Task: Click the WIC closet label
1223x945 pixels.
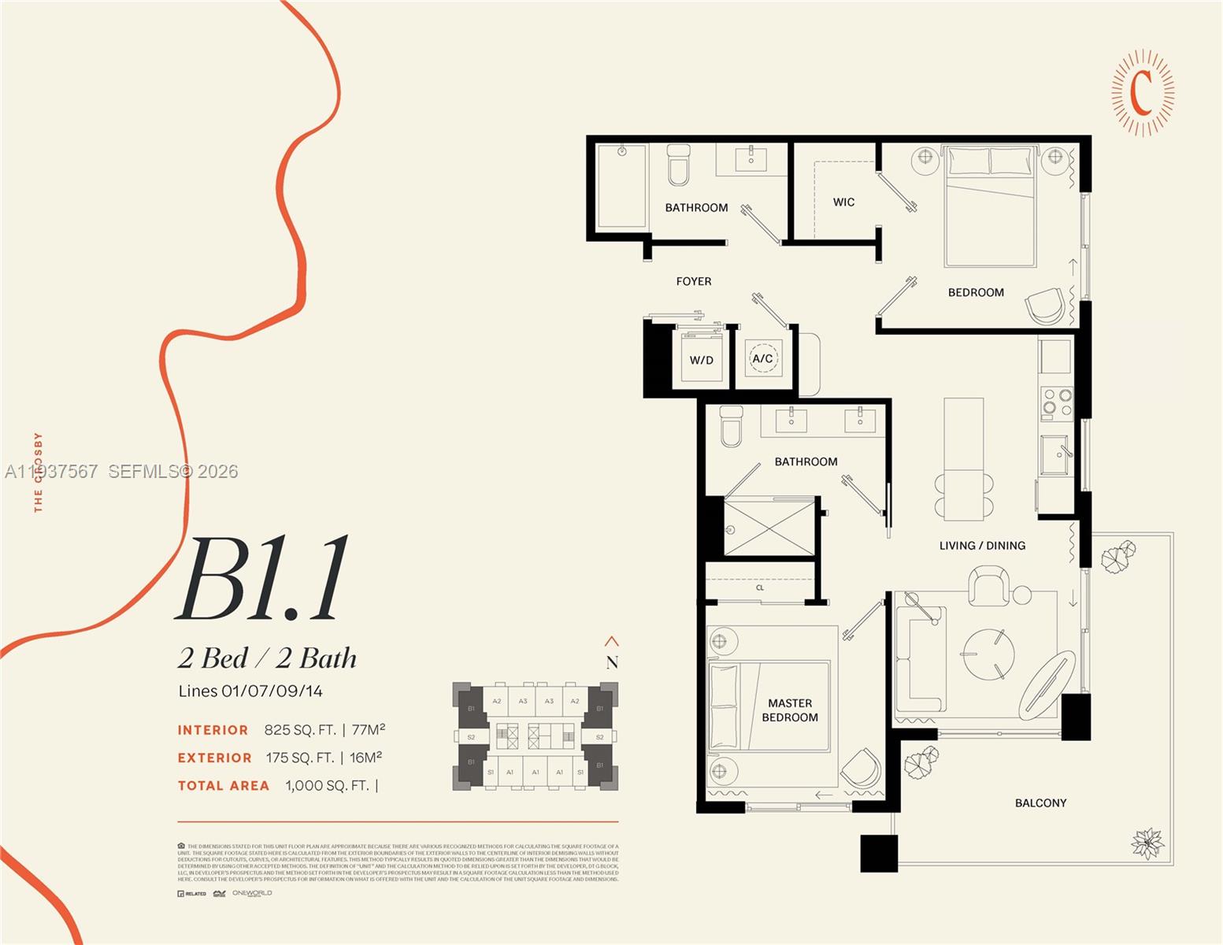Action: pyautogui.click(x=843, y=202)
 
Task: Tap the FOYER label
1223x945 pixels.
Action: pyautogui.click(x=693, y=281)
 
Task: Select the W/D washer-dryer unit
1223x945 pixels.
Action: pyautogui.click(x=701, y=359)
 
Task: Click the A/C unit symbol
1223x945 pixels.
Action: pyautogui.click(x=762, y=358)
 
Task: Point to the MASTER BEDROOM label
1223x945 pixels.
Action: pyautogui.click(x=789, y=710)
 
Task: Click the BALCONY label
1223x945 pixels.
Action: pyautogui.click(x=1040, y=802)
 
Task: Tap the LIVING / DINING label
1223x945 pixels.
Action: pyautogui.click(x=982, y=545)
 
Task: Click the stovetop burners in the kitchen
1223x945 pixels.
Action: pyautogui.click(x=1057, y=402)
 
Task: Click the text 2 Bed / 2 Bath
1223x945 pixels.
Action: pyautogui.click(x=267, y=658)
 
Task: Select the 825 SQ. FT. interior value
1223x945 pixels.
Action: pyautogui.click(x=300, y=730)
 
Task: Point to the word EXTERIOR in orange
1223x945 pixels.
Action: pyautogui.click(x=214, y=758)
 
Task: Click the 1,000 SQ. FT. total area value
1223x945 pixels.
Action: pyautogui.click(x=327, y=785)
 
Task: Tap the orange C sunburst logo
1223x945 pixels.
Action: pyautogui.click(x=1142, y=92)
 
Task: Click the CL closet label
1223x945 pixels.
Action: pyautogui.click(x=760, y=587)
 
